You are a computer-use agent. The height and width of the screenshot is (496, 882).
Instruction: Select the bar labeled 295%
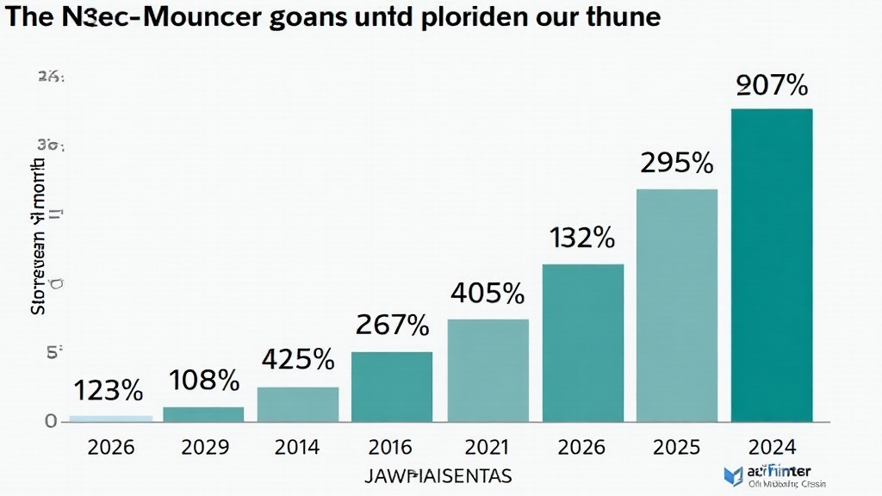point(677,305)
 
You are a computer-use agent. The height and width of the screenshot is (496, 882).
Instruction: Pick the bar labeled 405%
point(488,370)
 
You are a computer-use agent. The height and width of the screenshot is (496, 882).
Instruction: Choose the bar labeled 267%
point(393,387)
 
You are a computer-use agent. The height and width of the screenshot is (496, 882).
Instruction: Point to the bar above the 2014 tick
point(298,404)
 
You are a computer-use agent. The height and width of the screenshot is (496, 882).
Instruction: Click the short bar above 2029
point(203,414)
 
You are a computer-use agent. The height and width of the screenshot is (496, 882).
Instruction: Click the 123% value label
point(109,390)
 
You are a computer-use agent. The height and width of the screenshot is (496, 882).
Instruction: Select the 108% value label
point(204,380)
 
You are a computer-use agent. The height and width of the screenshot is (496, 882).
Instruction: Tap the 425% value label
point(298,359)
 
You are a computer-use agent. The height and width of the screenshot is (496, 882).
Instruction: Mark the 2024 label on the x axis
point(772,447)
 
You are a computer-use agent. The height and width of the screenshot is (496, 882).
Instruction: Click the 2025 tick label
point(677,447)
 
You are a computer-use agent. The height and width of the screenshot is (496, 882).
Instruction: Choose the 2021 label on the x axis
point(488,447)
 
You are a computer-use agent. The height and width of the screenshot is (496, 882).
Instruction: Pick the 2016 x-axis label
point(393,447)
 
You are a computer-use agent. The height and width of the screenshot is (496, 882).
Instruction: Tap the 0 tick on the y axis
point(50,421)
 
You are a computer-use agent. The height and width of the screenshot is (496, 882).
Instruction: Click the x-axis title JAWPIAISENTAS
point(438,474)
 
